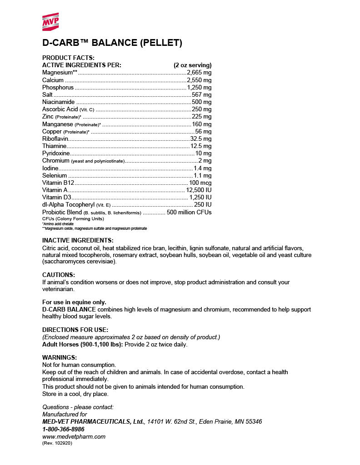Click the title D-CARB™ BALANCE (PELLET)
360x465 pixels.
112,43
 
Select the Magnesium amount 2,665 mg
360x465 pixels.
199,73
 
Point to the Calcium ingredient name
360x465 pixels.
53,80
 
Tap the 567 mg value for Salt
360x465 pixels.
201,95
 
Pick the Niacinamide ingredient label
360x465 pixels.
58,102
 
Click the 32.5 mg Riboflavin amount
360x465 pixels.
200,139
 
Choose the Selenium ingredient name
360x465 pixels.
55,175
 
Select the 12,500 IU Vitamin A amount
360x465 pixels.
199,190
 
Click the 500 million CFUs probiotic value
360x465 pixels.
189,212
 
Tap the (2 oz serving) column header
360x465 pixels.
192,65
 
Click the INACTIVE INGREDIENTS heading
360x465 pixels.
78,240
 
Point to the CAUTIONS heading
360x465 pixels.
59,275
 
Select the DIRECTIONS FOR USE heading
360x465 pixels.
75,330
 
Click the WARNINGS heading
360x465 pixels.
60,357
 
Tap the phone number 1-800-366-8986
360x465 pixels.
63,429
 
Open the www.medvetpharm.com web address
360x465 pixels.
74,436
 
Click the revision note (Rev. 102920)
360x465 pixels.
57,443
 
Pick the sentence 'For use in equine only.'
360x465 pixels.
74,302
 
